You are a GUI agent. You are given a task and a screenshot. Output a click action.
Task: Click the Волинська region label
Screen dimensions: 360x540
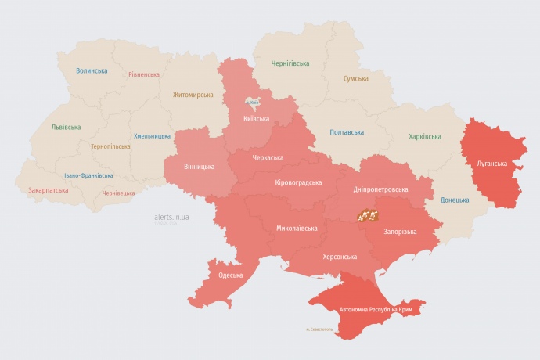(x=92, y=70)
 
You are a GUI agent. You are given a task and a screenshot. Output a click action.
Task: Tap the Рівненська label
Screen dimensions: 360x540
(x=144, y=75)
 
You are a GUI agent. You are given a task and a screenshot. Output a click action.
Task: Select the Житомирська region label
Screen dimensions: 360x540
(x=193, y=95)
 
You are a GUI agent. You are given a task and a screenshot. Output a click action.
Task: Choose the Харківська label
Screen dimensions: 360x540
(x=425, y=136)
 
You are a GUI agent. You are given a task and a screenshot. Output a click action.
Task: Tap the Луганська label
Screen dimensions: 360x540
(x=491, y=164)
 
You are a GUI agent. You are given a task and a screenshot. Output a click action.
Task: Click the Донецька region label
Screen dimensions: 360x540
(x=455, y=200)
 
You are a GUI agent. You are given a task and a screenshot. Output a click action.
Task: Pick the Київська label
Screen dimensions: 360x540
(x=256, y=120)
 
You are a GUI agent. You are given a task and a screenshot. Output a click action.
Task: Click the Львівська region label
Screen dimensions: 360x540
(x=65, y=127)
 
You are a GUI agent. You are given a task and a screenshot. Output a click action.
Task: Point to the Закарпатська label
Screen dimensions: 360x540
(x=49, y=189)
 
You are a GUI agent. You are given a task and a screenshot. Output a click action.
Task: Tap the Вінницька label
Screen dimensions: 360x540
(x=199, y=167)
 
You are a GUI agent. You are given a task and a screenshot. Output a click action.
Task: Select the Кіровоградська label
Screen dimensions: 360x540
(x=299, y=182)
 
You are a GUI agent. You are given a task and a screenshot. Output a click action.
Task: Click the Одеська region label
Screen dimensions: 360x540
(x=230, y=275)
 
